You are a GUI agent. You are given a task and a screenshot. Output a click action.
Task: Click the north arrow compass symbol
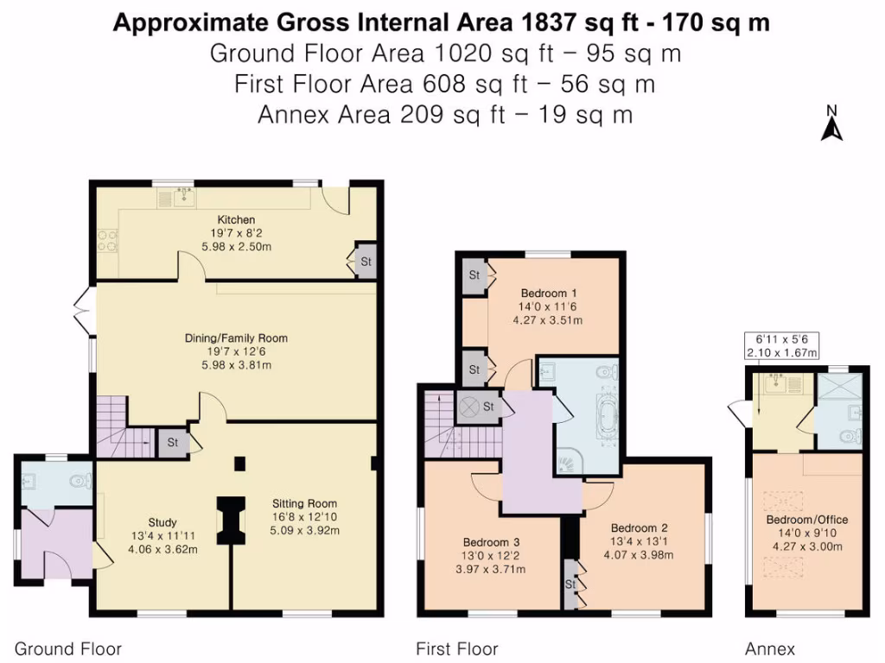tap(831, 123)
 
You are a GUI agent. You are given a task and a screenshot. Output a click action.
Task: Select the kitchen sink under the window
tap(181, 199)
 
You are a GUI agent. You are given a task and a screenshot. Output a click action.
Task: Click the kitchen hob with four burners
tap(107, 239)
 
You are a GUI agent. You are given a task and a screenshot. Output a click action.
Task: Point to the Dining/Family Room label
tap(236, 338)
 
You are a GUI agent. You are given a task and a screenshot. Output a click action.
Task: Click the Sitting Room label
tap(304, 503)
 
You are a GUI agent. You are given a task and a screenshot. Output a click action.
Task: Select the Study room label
tap(162, 522)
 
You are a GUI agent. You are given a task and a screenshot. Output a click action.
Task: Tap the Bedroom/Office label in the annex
tap(807, 520)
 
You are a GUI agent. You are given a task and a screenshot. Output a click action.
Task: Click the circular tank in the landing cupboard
tap(472, 406)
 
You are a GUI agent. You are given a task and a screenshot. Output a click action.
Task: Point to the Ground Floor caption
tap(68, 648)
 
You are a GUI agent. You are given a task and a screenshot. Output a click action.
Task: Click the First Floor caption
tap(457, 648)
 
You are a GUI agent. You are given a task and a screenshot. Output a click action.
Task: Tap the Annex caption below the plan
tap(770, 648)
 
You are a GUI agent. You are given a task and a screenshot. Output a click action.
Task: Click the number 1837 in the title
tap(487, 22)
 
